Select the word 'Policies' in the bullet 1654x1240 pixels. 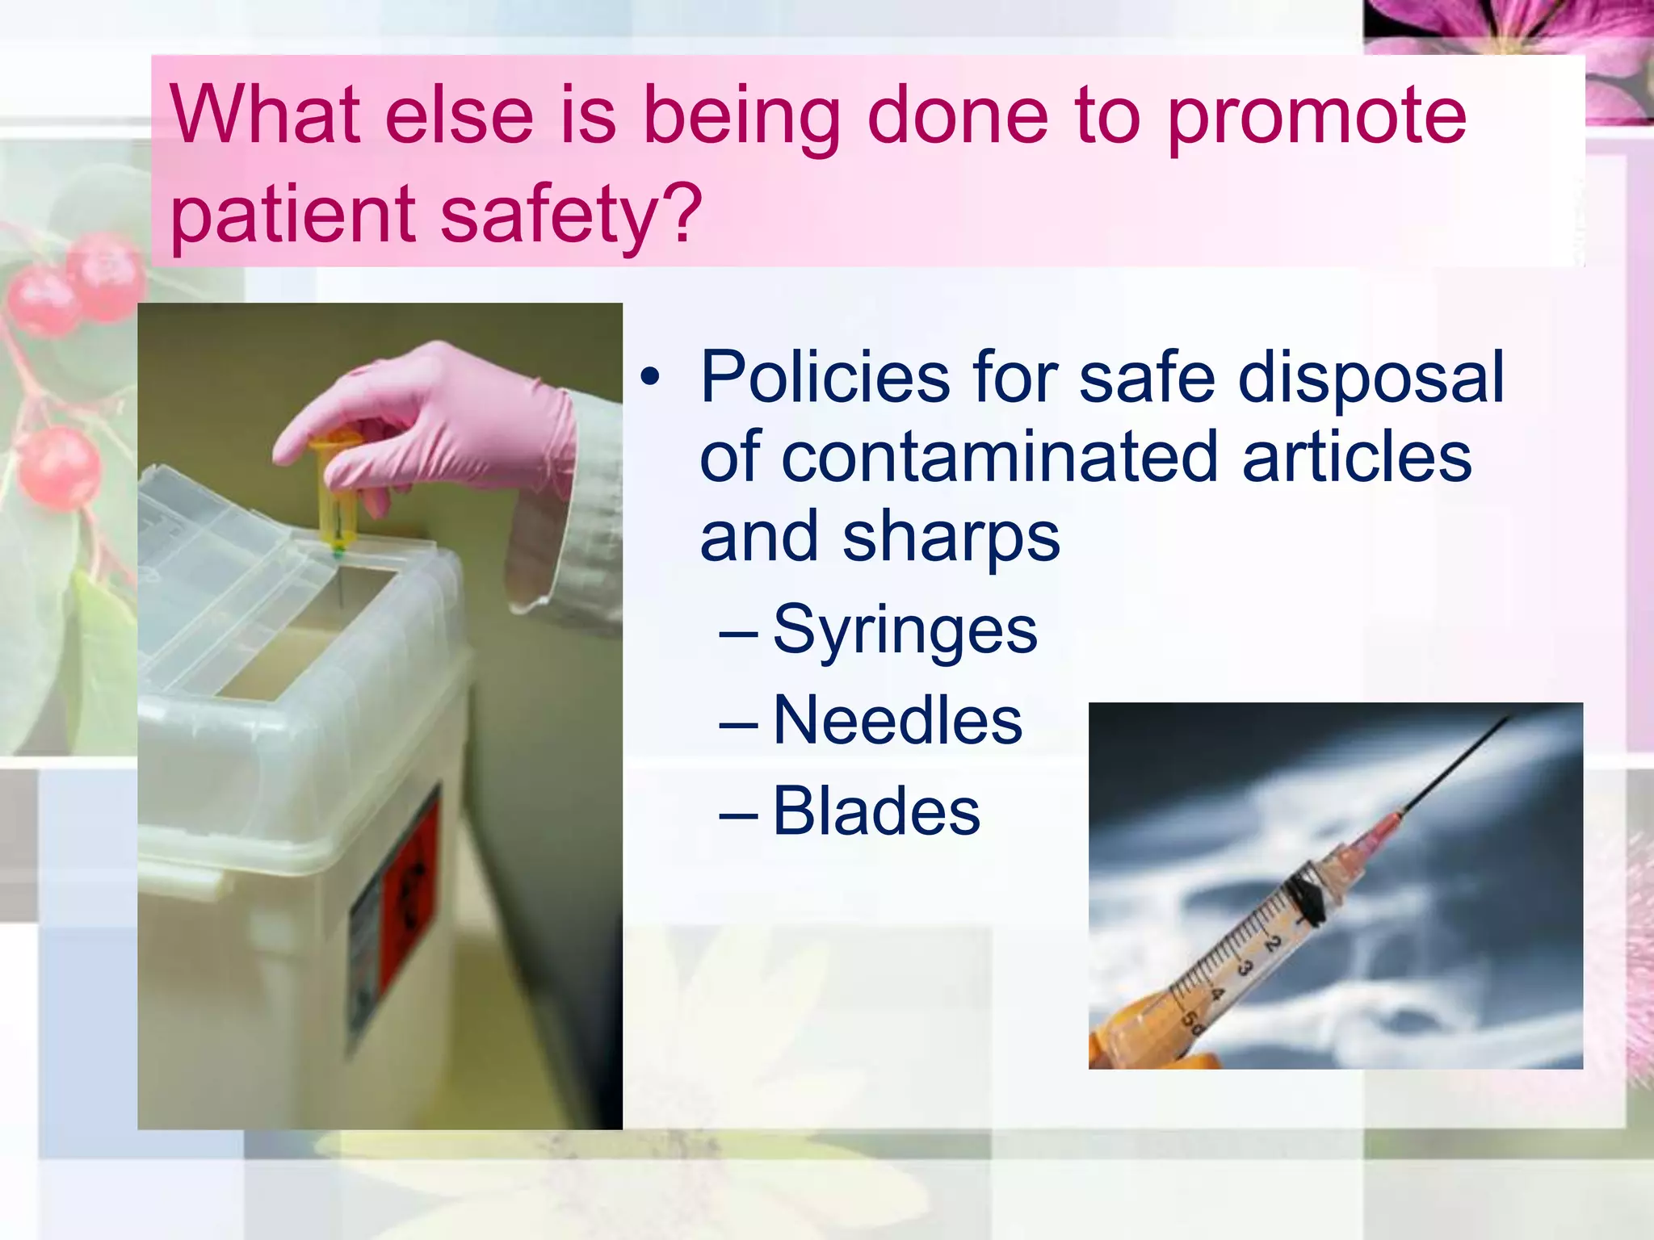click(x=824, y=378)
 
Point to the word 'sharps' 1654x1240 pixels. click(x=951, y=539)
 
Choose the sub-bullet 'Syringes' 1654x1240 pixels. click(x=905, y=630)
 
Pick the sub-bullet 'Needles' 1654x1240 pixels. click(x=897, y=721)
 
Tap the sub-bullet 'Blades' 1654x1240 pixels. click(x=876, y=811)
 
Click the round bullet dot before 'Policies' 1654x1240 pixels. click(x=651, y=377)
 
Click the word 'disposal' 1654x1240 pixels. click(x=1371, y=378)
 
